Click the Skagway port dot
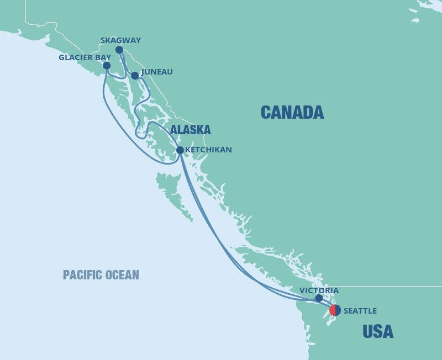point(119,50)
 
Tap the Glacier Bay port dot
point(107,66)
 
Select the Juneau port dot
point(134,75)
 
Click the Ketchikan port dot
point(180,150)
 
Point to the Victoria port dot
point(319,298)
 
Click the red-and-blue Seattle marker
point(335,310)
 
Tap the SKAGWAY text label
point(121,40)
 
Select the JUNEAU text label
point(157,72)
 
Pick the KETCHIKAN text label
point(209,150)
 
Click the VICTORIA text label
point(319,290)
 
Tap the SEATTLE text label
point(360,311)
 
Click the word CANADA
point(292,113)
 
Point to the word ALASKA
point(190,130)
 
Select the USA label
point(378,332)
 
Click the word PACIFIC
point(82,274)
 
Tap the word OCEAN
point(123,274)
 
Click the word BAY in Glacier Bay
point(104,57)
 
